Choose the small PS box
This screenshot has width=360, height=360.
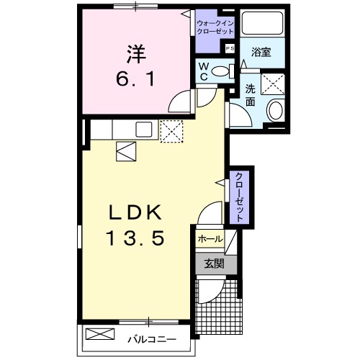(230, 48)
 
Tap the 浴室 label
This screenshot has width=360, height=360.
(260, 53)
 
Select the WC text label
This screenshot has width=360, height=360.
(204, 71)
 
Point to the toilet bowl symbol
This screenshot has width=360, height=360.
(228, 70)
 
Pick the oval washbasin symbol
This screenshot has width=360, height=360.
(274, 111)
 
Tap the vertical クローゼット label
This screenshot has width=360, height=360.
(237, 197)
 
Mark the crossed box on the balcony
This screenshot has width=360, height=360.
(101, 334)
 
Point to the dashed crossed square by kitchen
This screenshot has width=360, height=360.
(172, 131)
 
